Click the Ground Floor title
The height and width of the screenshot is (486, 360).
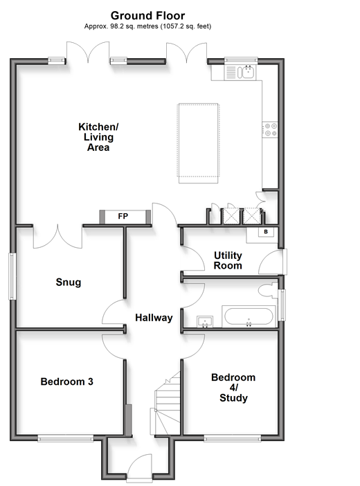[147, 15]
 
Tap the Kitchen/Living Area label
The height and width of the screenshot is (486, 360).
[98, 137]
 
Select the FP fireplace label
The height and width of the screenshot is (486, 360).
[123, 216]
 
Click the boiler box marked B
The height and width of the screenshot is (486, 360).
[266, 232]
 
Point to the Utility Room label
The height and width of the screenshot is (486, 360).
[228, 260]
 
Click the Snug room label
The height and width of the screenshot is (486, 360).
[69, 282]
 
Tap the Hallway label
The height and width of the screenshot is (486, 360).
[154, 318]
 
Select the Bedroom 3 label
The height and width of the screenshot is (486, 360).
[66, 381]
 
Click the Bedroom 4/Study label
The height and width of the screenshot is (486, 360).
[233, 388]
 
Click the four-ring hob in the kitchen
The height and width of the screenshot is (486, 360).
[270, 129]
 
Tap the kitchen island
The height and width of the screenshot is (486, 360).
[199, 143]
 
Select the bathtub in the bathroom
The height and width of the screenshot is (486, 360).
[249, 316]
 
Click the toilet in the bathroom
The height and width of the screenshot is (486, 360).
[268, 291]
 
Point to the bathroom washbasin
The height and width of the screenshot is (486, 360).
[205, 322]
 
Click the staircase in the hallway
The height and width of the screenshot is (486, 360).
[165, 404]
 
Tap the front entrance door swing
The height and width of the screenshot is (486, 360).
[140, 468]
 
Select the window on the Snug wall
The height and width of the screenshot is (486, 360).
[12, 276]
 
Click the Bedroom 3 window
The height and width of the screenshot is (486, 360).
[66, 438]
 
